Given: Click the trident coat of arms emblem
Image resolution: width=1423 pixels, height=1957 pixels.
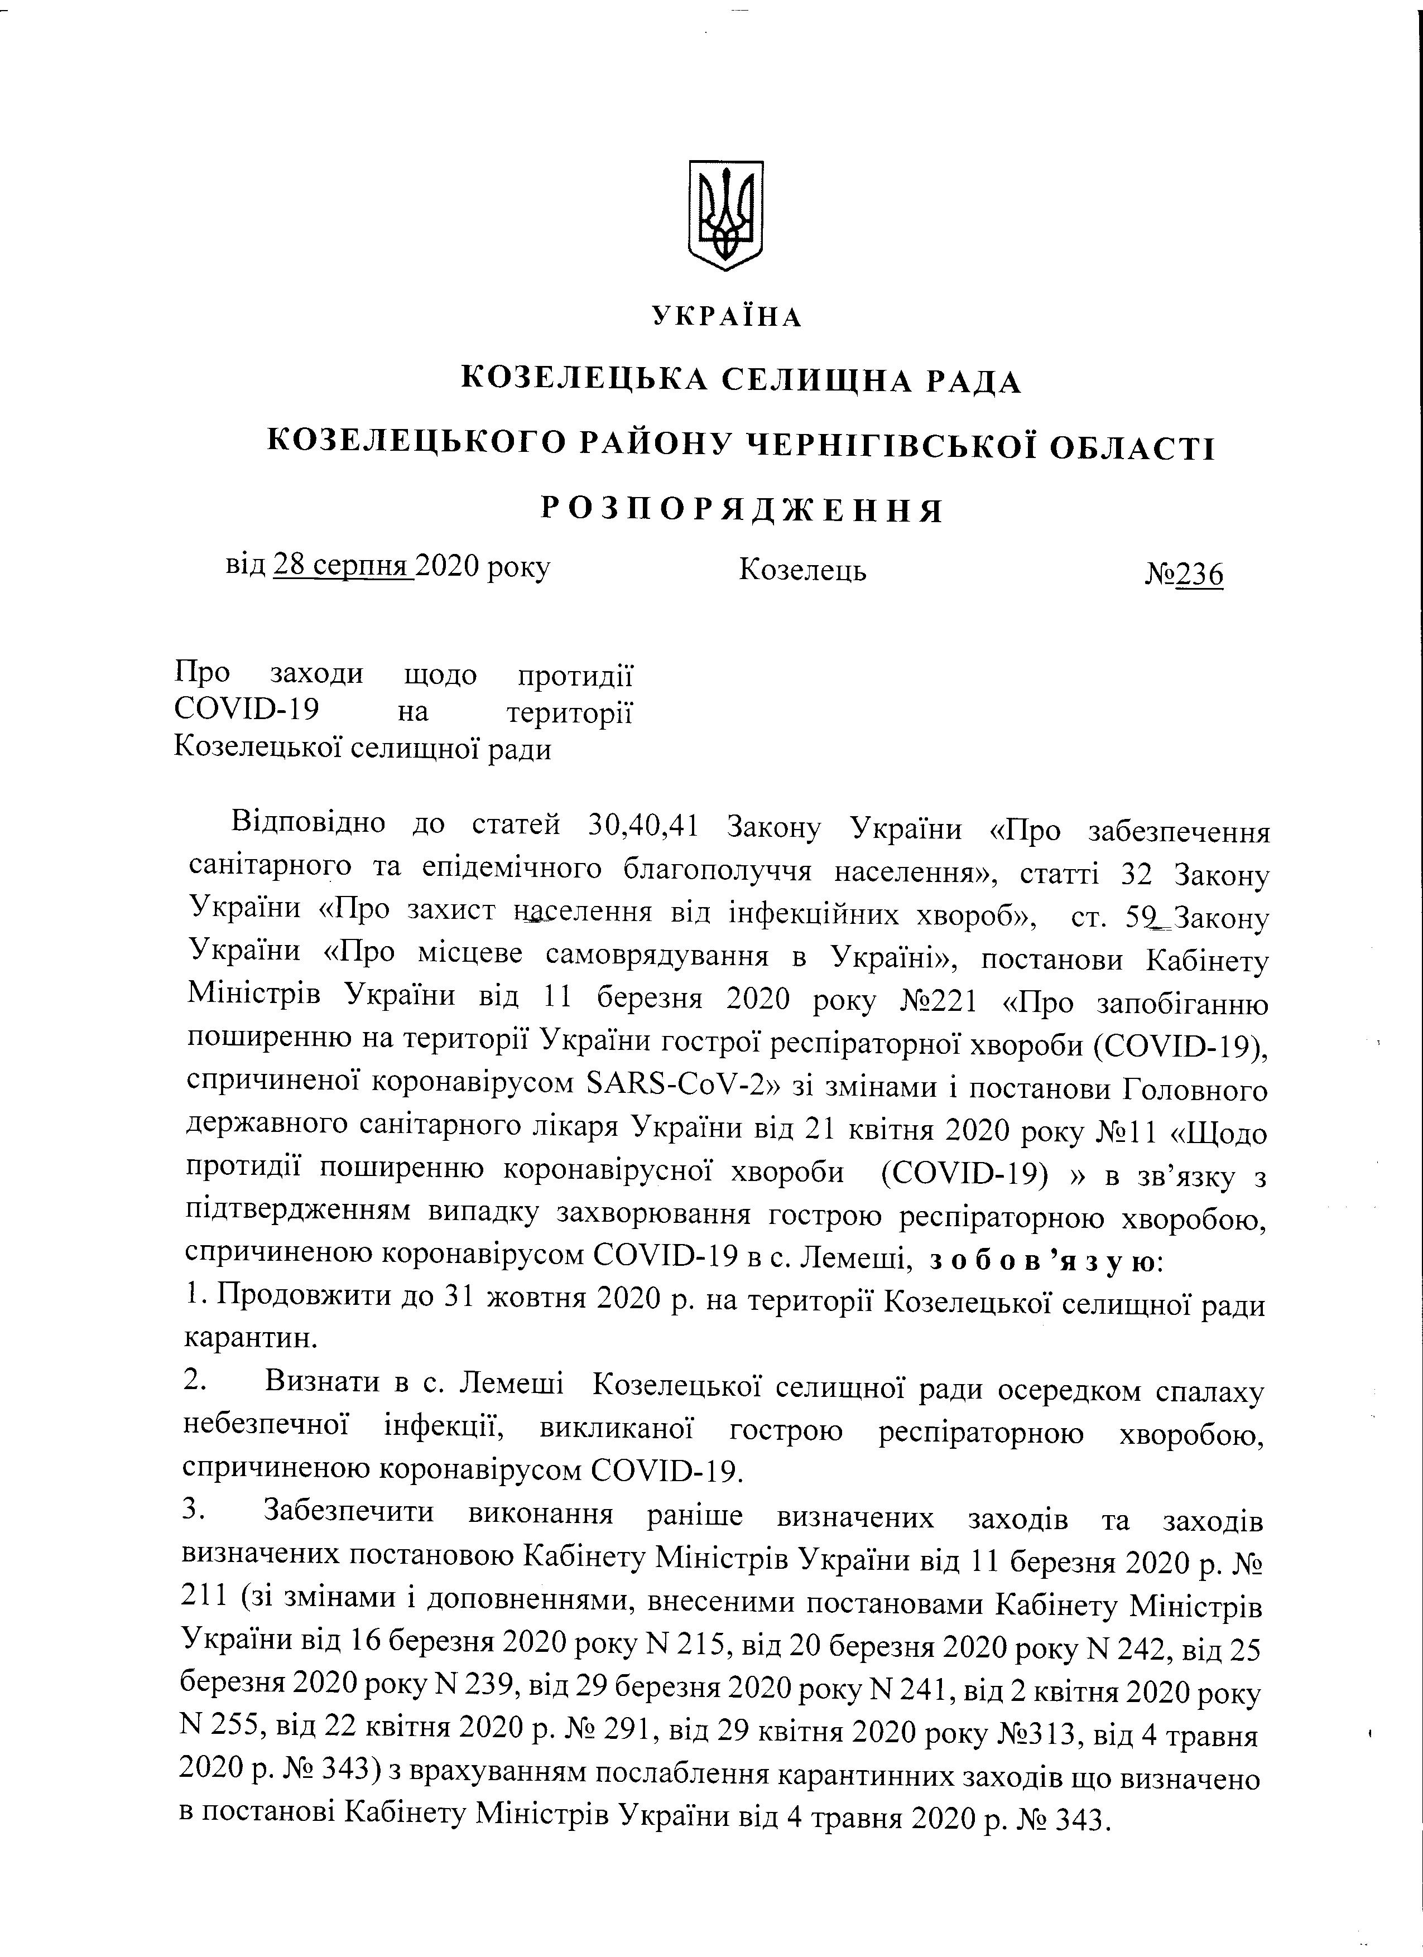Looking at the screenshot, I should click(x=726, y=215).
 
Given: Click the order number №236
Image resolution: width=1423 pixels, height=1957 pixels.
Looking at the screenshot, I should click(x=1184, y=573).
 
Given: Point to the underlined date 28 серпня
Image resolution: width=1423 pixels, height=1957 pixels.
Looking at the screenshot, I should click(x=343, y=567).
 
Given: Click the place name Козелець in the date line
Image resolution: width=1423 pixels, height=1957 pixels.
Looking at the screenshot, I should click(x=802, y=570).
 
